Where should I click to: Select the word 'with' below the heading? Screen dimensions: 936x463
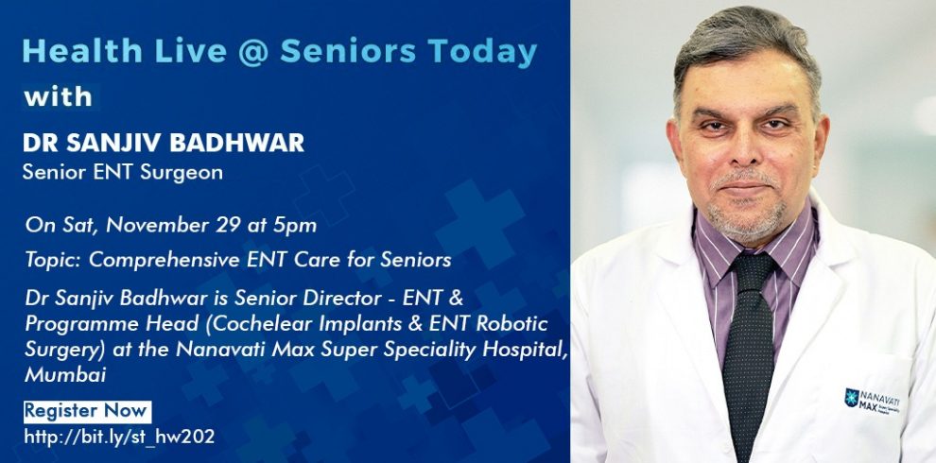point(58,96)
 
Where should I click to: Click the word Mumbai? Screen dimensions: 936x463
point(65,375)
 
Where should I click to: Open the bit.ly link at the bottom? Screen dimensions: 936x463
point(119,437)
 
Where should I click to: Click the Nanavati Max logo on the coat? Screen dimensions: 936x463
point(872,401)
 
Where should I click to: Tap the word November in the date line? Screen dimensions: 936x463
point(158,226)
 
